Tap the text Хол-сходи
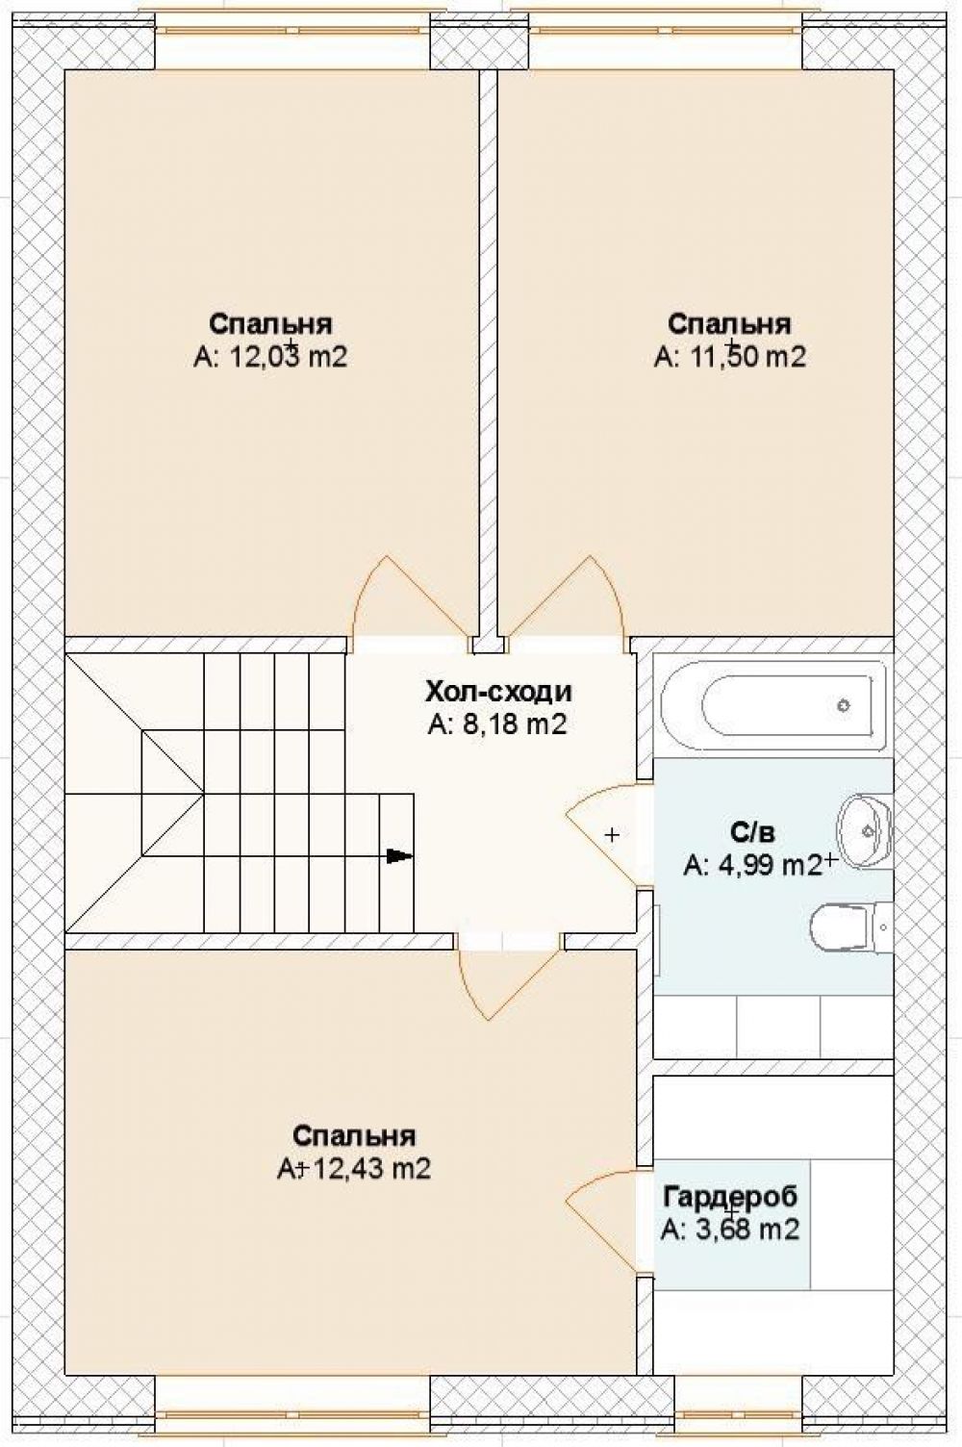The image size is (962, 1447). [x=498, y=692]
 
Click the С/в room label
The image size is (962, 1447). [x=752, y=832]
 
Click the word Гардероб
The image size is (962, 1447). [x=730, y=1196]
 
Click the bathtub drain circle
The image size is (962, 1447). [x=843, y=705]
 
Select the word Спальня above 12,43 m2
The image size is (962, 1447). [x=354, y=1135]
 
